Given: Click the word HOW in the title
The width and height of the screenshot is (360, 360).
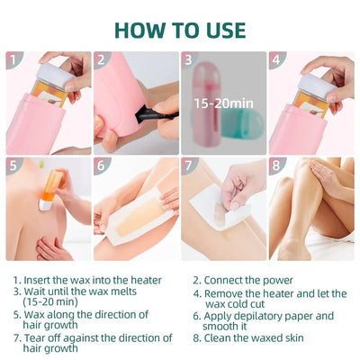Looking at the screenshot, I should coord(142,29).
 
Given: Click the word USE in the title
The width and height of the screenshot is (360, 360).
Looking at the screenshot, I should coord(219,29).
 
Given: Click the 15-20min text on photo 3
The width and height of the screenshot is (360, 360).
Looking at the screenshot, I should coord(223,103).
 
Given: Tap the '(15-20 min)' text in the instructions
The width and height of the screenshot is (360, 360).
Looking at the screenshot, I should coord(49,303).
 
